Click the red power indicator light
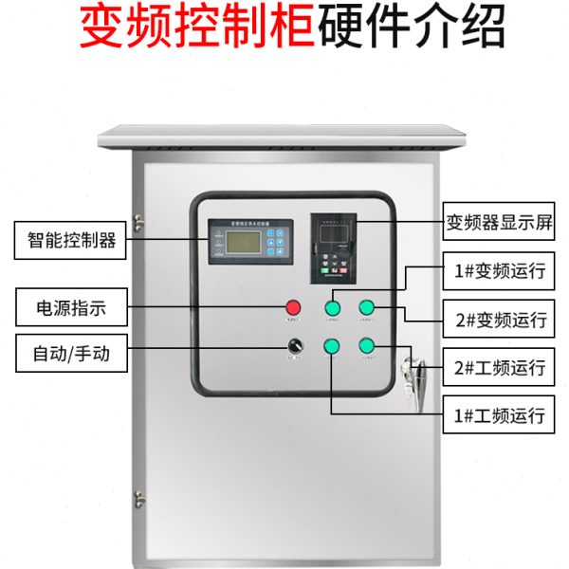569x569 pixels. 294,307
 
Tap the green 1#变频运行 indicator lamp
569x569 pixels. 333,307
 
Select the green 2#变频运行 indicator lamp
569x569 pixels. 367,307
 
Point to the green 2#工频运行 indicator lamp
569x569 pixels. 367,345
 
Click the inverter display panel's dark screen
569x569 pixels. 333,231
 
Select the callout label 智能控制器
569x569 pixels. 66,240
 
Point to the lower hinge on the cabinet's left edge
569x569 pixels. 138,498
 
